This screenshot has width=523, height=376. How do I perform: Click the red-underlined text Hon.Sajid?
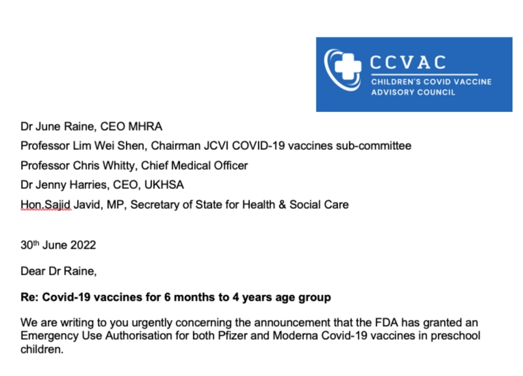tap(46, 205)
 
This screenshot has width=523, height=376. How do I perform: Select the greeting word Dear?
tap(32, 272)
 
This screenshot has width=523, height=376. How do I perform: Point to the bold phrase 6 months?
tap(187, 297)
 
